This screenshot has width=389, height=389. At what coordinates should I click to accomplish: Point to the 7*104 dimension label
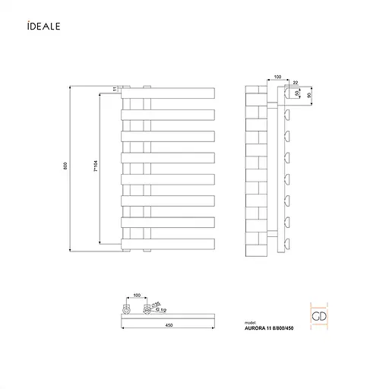coord(94,169)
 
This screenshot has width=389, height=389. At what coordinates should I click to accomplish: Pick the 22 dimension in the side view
coord(296,83)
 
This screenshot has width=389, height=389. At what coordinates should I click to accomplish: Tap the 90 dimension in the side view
coord(310,96)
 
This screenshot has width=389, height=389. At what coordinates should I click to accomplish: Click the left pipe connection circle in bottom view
coord(125,309)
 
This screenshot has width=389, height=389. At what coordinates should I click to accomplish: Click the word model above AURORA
coord(251,322)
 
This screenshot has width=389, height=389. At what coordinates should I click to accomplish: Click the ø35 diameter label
coord(156,304)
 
